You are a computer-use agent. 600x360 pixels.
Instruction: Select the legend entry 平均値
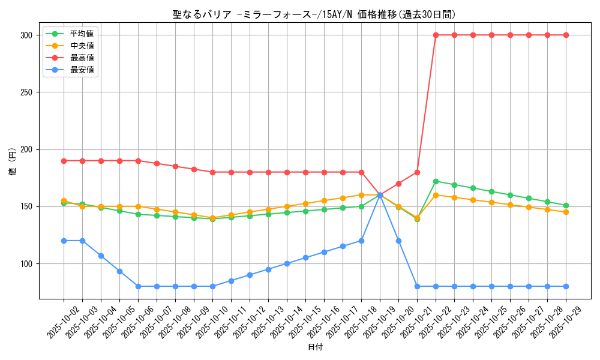pos(82,34)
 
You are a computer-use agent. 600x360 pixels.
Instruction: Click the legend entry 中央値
pos(82,46)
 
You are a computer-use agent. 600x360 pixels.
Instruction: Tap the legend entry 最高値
pos(82,58)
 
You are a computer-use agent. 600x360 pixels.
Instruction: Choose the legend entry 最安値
pos(82,70)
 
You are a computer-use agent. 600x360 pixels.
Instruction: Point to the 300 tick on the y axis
pos(26,35)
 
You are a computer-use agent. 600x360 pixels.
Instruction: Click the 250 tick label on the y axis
pos(26,92)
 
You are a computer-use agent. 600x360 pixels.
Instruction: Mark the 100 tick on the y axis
pos(26,263)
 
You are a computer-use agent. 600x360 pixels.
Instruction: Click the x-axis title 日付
pos(315,347)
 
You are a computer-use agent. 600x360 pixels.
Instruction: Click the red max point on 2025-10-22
pos(436,35)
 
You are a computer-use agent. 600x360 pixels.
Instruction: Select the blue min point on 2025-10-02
pos(64,241)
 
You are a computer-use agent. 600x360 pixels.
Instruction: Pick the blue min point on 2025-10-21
pos(417,286)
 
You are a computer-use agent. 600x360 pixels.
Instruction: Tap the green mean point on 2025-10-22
pos(436,181)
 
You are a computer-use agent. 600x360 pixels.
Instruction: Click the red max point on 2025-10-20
pos(398,184)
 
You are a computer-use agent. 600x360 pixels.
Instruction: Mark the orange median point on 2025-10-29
pos(566,212)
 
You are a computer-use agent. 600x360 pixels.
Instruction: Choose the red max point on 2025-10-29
pos(566,35)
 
